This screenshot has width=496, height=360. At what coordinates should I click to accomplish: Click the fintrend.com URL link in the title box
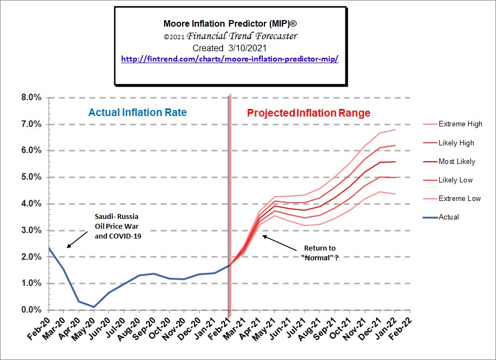click(x=229, y=58)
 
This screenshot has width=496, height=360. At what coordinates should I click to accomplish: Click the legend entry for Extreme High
click(x=460, y=124)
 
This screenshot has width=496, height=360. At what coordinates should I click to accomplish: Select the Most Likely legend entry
click(x=457, y=161)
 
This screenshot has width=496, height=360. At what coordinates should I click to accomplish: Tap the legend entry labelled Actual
click(x=449, y=217)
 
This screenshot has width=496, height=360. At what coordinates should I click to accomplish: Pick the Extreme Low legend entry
click(x=459, y=198)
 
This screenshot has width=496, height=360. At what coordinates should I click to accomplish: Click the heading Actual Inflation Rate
click(x=137, y=113)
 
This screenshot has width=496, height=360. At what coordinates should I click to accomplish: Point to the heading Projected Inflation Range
click(x=309, y=113)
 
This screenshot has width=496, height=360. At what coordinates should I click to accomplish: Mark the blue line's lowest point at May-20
click(x=94, y=307)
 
